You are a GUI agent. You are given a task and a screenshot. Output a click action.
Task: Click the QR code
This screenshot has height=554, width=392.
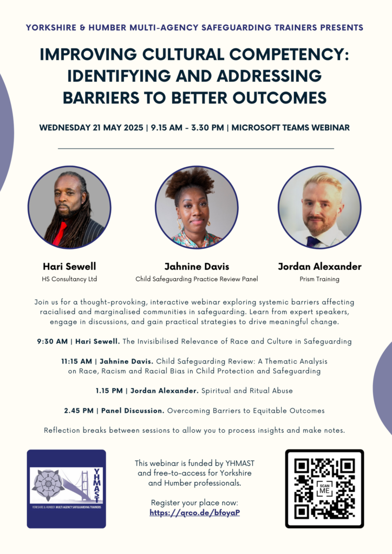[x=324, y=489]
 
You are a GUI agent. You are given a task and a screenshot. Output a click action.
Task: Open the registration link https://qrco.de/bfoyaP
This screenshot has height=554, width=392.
[x=195, y=513]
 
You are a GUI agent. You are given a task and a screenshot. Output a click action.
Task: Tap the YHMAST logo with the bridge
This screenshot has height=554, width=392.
[x=67, y=489]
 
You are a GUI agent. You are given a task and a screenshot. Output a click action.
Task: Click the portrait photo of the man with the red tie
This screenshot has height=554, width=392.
[x=69, y=207]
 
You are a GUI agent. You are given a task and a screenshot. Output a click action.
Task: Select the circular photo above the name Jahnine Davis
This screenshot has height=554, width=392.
[x=197, y=207]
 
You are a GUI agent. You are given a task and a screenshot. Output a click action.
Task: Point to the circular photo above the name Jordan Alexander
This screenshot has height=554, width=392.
[x=319, y=207]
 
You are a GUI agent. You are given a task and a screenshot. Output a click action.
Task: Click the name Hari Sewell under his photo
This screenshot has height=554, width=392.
[x=69, y=266]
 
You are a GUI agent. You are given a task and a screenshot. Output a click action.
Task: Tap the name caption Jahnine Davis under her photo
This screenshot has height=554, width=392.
[x=197, y=266]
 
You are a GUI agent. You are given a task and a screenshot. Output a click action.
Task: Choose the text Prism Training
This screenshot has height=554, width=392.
[x=319, y=279]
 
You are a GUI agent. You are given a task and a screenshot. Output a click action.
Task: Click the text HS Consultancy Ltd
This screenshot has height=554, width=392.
[x=69, y=279]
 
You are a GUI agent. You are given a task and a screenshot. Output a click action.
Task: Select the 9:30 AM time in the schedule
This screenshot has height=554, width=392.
[x=53, y=341]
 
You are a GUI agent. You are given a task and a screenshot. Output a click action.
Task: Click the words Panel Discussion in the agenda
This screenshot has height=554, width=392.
[x=133, y=411]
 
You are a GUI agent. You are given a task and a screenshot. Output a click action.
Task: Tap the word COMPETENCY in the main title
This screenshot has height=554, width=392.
[x=289, y=55]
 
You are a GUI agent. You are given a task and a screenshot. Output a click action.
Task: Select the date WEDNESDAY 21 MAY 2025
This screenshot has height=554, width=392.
[x=91, y=128]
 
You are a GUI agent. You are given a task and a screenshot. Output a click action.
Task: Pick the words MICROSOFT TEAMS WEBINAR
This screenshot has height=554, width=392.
[x=291, y=128]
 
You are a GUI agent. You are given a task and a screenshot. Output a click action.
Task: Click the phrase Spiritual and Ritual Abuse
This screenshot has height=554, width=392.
[x=247, y=391]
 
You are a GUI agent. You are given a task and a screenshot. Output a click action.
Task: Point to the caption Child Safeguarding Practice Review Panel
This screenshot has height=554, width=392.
[x=197, y=279]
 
